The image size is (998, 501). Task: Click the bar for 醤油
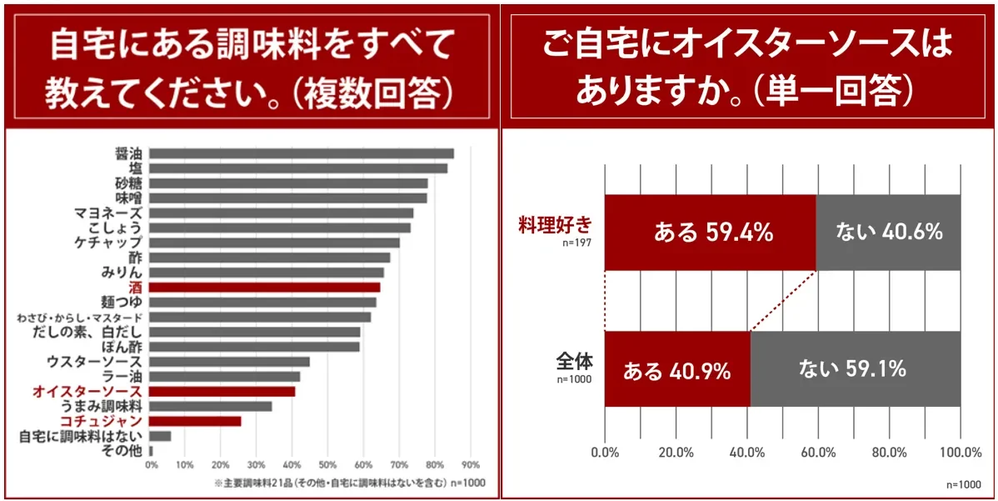pos(302,153)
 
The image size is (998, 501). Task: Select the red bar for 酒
pos(265,287)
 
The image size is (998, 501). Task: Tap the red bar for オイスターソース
pos(222,391)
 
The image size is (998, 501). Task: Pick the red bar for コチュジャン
pos(196,421)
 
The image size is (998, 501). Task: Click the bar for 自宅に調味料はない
pos(160,436)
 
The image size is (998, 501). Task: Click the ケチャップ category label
pos(107,243)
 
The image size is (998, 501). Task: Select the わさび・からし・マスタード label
pos(80,318)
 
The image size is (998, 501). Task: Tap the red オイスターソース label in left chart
pos(87,391)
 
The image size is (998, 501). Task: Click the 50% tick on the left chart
pos(327,464)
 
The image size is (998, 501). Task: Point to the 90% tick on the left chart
pos(471,464)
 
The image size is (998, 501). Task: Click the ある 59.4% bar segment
pos(711,233)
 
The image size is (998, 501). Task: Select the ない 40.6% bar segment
pos(888,233)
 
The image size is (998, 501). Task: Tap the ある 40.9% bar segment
pos(677,369)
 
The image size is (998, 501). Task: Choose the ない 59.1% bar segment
pos(855,369)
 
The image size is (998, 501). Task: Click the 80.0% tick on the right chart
pos(889,453)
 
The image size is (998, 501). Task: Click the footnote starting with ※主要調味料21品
pos(350,483)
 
